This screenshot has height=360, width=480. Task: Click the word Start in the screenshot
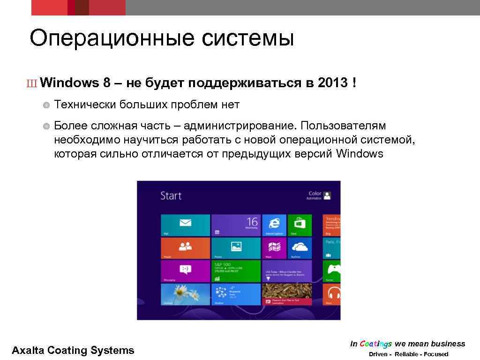(171, 195)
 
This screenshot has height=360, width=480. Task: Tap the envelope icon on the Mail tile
(186, 223)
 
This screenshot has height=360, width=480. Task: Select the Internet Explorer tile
(274, 225)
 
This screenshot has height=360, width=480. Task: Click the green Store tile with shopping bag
(300, 225)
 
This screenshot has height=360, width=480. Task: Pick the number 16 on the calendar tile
(252, 222)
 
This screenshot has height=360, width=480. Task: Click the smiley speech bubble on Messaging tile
(186, 270)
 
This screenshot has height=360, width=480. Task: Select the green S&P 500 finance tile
(236, 271)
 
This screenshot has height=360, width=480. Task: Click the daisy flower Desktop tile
(186, 294)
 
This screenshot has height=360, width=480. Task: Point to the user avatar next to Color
(328, 195)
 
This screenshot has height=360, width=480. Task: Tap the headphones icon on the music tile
(334, 294)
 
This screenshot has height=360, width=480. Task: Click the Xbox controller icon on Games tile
(334, 270)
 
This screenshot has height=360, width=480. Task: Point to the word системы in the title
(248, 38)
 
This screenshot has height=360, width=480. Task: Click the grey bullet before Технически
(46, 105)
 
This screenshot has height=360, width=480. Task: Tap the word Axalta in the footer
(28, 350)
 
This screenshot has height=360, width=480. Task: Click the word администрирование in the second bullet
(240, 126)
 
